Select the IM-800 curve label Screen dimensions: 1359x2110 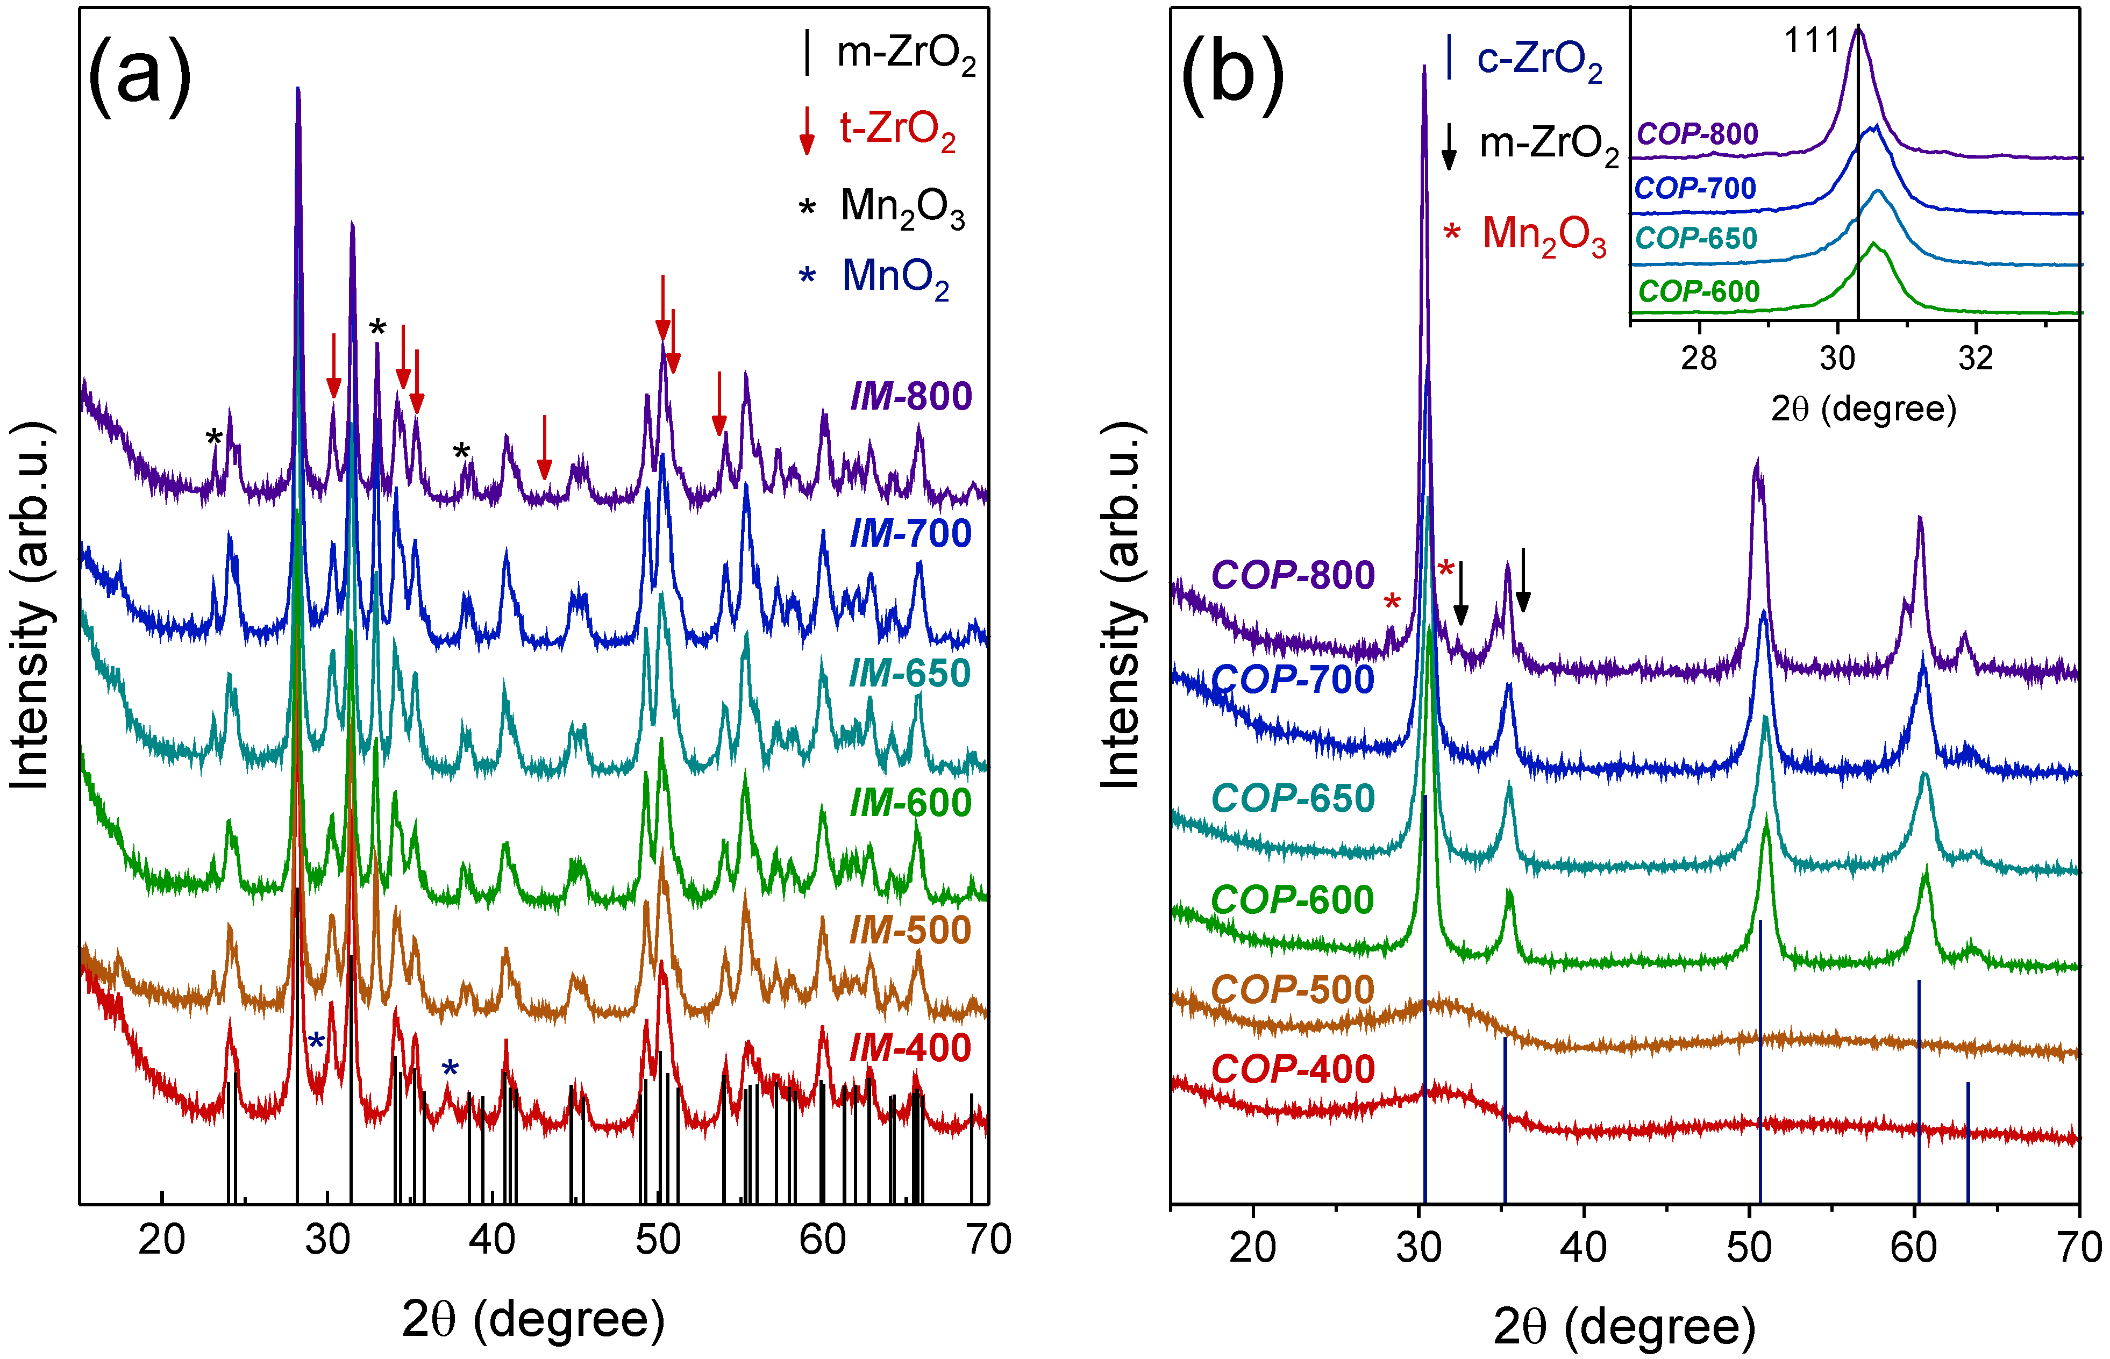coord(911,396)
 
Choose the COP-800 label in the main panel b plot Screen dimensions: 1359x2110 coord(1292,575)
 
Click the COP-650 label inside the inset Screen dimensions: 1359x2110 coord(1695,238)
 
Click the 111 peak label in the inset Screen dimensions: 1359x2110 coord(1812,41)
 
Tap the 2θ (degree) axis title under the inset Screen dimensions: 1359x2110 coord(1863,409)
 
